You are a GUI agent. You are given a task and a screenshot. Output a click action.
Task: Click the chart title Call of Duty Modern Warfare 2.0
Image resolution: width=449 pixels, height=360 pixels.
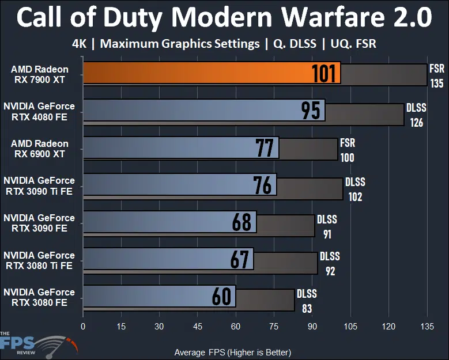[224, 18]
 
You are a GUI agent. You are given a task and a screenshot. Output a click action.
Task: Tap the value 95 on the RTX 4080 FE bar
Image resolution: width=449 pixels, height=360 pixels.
[311, 111]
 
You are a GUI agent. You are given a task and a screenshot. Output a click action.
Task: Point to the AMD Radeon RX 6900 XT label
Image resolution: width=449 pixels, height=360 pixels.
[40, 148]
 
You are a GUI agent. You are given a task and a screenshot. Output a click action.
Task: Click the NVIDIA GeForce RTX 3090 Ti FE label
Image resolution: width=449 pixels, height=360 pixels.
[39, 185]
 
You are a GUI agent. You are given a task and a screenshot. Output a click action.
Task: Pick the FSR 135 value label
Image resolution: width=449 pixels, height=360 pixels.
[436, 76]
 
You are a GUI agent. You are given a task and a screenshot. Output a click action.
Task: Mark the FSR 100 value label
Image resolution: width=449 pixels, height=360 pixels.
[348, 150]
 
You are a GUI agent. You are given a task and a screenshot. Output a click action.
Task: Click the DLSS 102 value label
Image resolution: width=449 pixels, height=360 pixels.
[355, 188]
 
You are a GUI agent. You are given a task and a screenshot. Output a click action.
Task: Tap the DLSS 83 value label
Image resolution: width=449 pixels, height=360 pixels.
[307, 301]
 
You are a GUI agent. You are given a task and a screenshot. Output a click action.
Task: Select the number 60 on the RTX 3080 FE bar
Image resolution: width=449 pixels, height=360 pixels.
[221, 296]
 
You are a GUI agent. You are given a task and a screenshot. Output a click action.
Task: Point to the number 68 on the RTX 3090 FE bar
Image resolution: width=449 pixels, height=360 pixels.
[242, 222]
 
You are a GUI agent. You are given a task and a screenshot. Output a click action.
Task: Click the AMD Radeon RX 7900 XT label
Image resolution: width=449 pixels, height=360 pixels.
[40, 74]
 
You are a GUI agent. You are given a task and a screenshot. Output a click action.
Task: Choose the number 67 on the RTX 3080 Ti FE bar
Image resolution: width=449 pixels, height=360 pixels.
[239, 259]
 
